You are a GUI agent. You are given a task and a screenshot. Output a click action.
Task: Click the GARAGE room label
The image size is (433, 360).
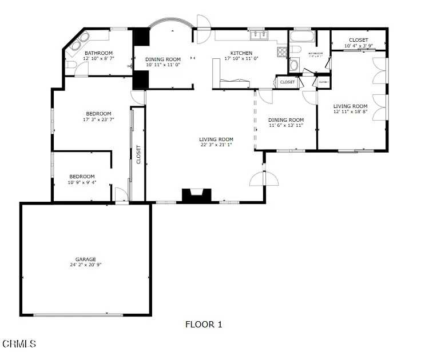(x=86, y=259)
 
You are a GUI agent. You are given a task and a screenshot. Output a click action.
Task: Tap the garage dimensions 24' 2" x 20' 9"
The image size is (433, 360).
(x=86, y=265)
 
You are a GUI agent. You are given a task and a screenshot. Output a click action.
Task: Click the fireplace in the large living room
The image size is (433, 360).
(x=197, y=195)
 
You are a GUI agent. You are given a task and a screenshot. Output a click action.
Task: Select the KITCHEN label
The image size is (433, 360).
(x=241, y=53)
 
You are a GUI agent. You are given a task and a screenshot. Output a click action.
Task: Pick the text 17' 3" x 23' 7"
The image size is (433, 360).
(x=98, y=119)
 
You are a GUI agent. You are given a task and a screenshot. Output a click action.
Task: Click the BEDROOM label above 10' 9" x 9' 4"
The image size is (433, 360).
(x=82, y=177)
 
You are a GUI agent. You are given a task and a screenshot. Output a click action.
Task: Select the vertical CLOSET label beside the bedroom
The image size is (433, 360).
(x=138, y=154)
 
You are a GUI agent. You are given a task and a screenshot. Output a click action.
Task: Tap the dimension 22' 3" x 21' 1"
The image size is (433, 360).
(x=216, y=145)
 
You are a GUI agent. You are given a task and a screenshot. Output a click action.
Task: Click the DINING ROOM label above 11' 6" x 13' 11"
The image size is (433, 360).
(x=286, y=119)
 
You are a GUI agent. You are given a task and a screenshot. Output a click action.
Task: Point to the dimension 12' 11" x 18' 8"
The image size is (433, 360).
(x=351, y=112)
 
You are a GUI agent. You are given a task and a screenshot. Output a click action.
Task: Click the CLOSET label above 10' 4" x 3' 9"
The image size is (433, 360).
(x=359, y=40)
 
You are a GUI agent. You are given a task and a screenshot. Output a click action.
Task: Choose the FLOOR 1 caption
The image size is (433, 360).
(x=204, y=325)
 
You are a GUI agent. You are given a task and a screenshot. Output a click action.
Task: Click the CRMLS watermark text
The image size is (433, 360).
(x=19, y=343)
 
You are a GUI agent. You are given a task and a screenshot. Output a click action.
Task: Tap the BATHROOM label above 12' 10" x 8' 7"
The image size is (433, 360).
(x=98, y=53)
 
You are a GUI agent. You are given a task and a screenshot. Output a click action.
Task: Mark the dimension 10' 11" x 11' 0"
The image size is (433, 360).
(x=162, y=65)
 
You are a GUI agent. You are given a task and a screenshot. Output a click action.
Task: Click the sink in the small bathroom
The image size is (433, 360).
(x=294, y=65)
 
